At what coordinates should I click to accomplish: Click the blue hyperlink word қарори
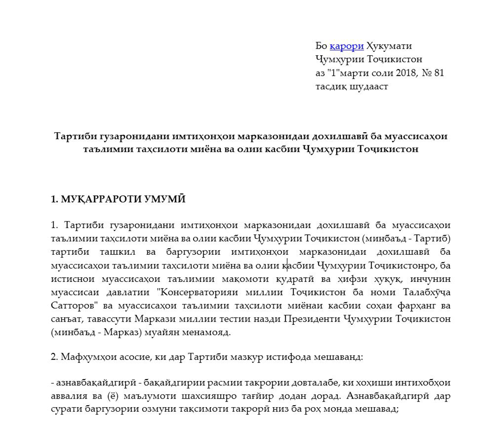click(x=347, y=46)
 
